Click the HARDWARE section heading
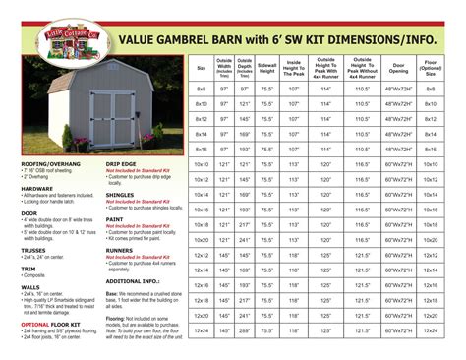tap(37, 187)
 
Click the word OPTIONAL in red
tap(35, 323)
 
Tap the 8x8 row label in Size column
tap(201, 90)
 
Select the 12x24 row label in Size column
tap(201, 330)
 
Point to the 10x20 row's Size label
tap(201, 240)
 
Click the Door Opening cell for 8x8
tap(398, 90)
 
